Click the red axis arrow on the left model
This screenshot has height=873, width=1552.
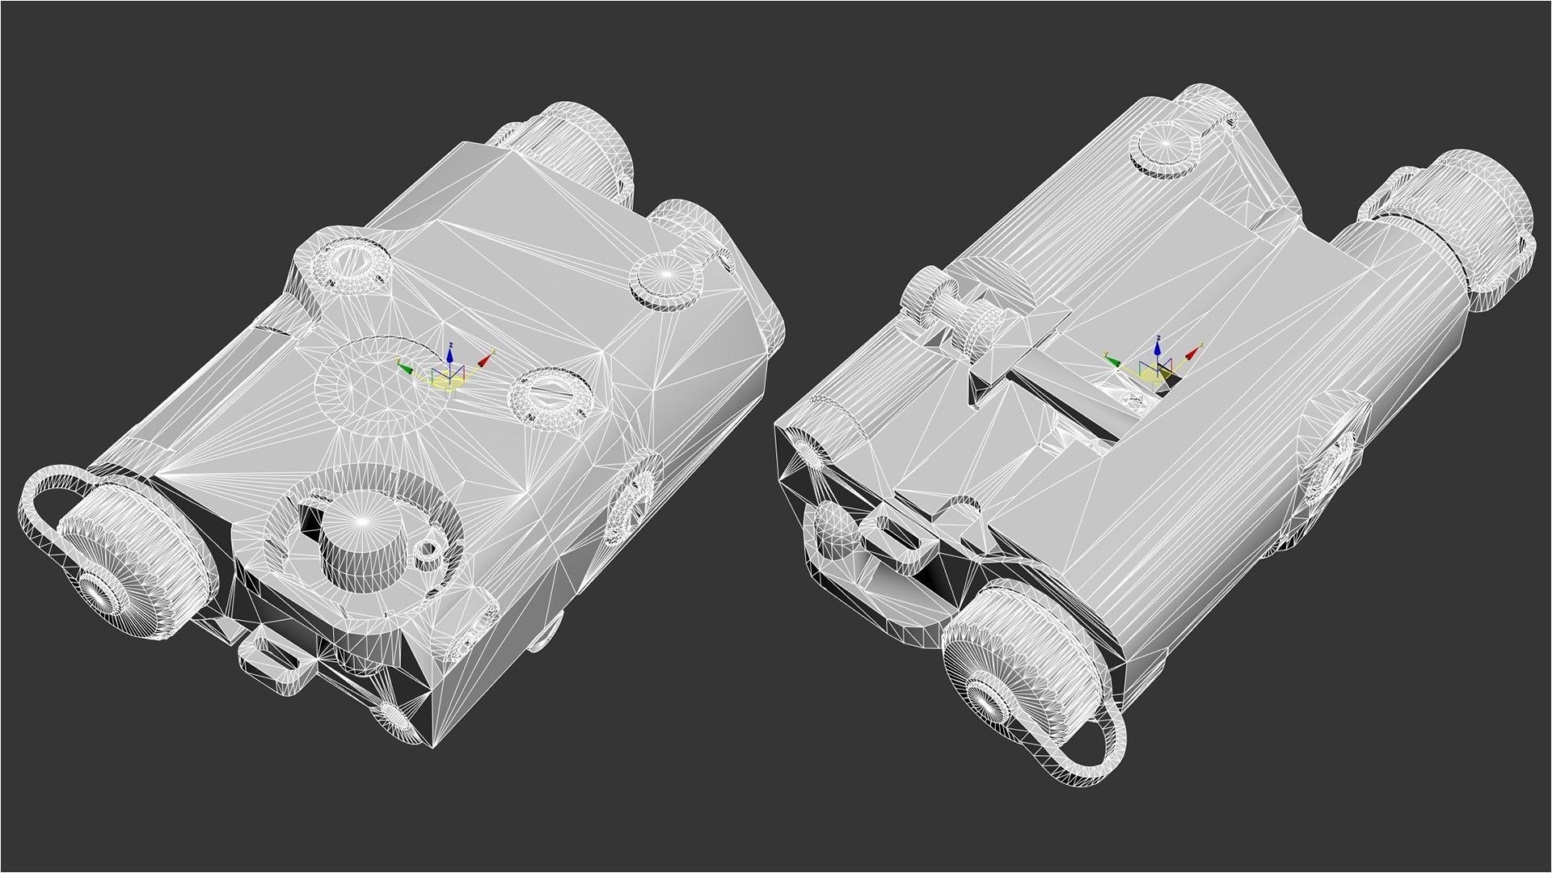point(485,360)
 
